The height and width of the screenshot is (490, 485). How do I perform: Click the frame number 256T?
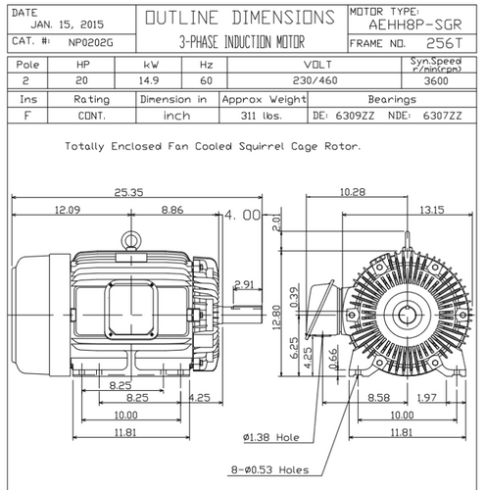[445, 43]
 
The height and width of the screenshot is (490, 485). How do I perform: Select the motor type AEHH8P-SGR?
[415, 24]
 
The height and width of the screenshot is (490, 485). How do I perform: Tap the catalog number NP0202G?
[91, 42]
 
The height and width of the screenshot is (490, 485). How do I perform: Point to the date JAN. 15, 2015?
[68, 24]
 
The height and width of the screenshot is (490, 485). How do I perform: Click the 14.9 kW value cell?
[149, 80]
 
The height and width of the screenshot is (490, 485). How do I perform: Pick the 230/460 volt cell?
[315, 80]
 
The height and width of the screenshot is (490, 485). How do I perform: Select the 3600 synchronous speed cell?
[436, 80]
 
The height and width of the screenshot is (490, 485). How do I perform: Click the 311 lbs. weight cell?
[262, 116]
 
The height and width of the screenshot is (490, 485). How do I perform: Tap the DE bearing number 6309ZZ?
[355, 116]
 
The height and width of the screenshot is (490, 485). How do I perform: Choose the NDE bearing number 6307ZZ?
[443, 116]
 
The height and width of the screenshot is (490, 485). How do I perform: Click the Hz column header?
[207, 65]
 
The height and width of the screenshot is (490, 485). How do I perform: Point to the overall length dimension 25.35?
[128, 192]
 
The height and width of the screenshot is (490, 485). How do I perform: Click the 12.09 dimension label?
[68, 210]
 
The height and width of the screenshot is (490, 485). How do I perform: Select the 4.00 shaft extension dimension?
[243, 215]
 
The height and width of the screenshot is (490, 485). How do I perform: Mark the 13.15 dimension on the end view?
[432, 210]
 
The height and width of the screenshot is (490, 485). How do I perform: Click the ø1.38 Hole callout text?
[271, 437]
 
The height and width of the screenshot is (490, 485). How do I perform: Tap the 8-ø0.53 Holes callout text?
[269, 469]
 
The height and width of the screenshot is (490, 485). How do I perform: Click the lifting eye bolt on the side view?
[131, 241]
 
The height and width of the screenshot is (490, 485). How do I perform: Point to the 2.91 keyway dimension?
[244, 284]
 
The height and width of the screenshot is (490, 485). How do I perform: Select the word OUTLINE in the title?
[181, 18]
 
